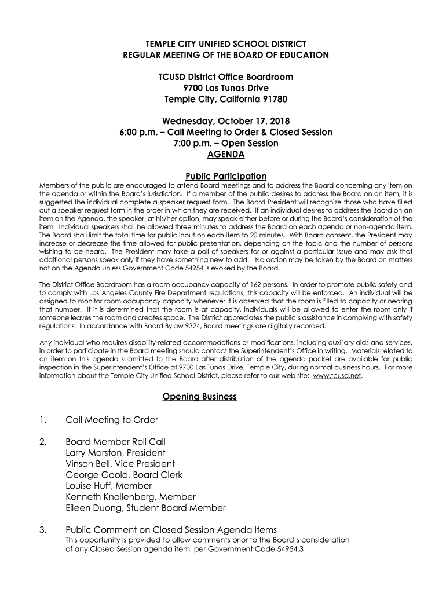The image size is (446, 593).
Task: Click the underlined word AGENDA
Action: [225, 155]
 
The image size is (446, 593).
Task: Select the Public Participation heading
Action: [225, 176]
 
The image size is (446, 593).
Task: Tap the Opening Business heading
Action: [199, 397]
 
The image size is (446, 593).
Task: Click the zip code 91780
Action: [271, 99]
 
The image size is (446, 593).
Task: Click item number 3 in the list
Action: [42, 530]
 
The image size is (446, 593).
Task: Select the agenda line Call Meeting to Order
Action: [112, 419]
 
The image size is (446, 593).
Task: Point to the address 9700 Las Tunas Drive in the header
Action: [225, 88]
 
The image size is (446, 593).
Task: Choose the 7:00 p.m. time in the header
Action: [192, 143]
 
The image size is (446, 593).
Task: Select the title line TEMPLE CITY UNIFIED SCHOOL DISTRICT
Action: [225, 44]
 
